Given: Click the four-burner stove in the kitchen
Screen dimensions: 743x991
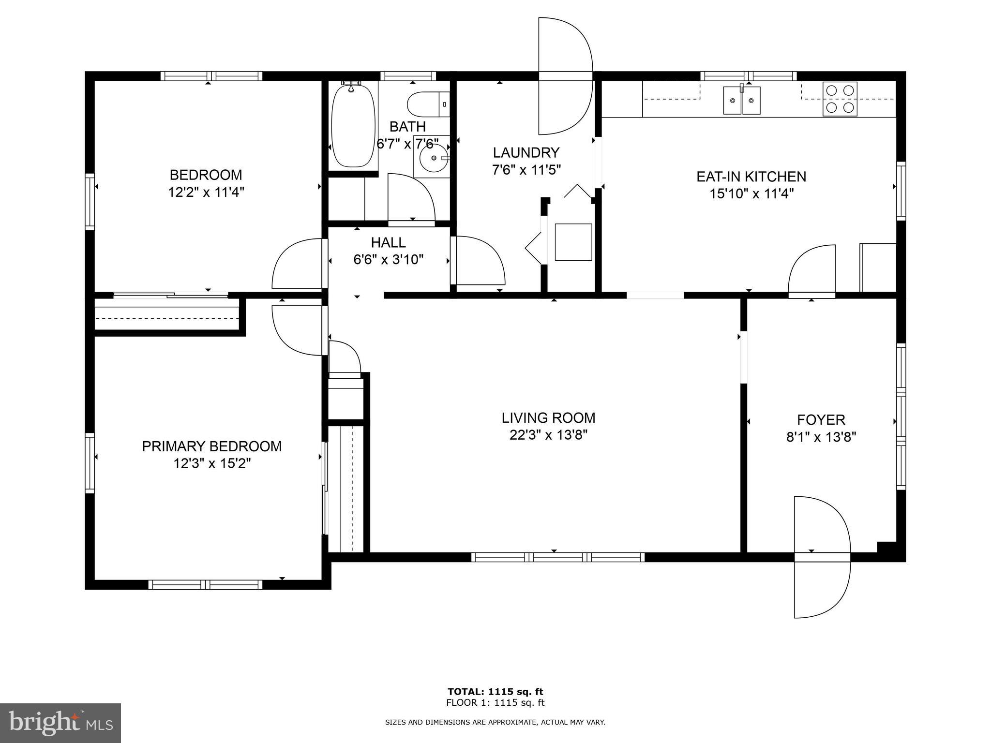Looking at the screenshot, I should point(840,99).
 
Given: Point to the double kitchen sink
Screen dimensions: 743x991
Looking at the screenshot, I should point(741,101).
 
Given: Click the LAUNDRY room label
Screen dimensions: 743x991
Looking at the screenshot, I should point(526,153).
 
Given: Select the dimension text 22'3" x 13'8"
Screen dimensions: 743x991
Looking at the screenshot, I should point(548,435).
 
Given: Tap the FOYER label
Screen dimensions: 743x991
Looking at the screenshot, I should point(821,419).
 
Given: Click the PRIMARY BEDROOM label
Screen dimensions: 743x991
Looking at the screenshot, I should point(211,446).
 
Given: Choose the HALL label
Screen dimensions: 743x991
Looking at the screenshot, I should point(388,242).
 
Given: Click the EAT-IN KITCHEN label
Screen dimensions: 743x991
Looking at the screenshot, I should point(751,177).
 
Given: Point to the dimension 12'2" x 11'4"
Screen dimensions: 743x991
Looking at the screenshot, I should point(206,193).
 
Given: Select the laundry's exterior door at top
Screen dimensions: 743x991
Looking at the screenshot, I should point(565,76).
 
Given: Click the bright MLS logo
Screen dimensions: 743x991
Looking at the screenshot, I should point(60,723).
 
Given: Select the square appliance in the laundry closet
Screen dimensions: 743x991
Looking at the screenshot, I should point(573,242).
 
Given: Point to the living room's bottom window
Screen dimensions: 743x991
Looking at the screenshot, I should point(557,557).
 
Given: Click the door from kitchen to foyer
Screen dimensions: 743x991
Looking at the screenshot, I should point(812,271).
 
